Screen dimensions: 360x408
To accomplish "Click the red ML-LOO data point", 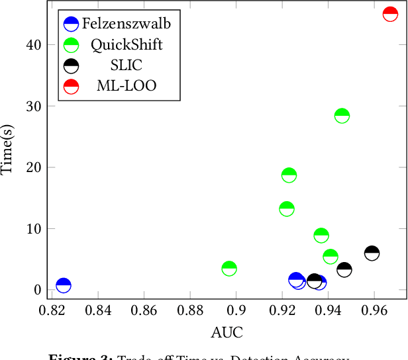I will tap(390, 15).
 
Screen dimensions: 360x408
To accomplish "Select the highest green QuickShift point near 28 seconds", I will tap(342, 116).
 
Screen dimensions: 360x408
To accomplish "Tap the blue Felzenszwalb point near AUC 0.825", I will tap(64, 285).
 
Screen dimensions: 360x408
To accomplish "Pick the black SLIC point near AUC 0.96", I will tap(372, 253).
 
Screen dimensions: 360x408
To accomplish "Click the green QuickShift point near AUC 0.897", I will tap(229, 268).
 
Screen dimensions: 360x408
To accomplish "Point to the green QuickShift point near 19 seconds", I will tap(289, 175).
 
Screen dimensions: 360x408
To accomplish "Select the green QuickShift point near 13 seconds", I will tap(287, 208).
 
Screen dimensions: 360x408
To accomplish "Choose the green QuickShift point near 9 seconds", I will tap(321, 235).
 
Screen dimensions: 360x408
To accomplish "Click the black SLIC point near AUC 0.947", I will tap(344, 269).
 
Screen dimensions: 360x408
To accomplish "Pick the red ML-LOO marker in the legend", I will tap(71, 86).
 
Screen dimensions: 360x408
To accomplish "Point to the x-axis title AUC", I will tap(227, 331).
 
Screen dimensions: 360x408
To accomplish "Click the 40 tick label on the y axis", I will tap(34, 44).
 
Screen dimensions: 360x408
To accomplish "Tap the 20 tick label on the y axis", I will tap(34, 167).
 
